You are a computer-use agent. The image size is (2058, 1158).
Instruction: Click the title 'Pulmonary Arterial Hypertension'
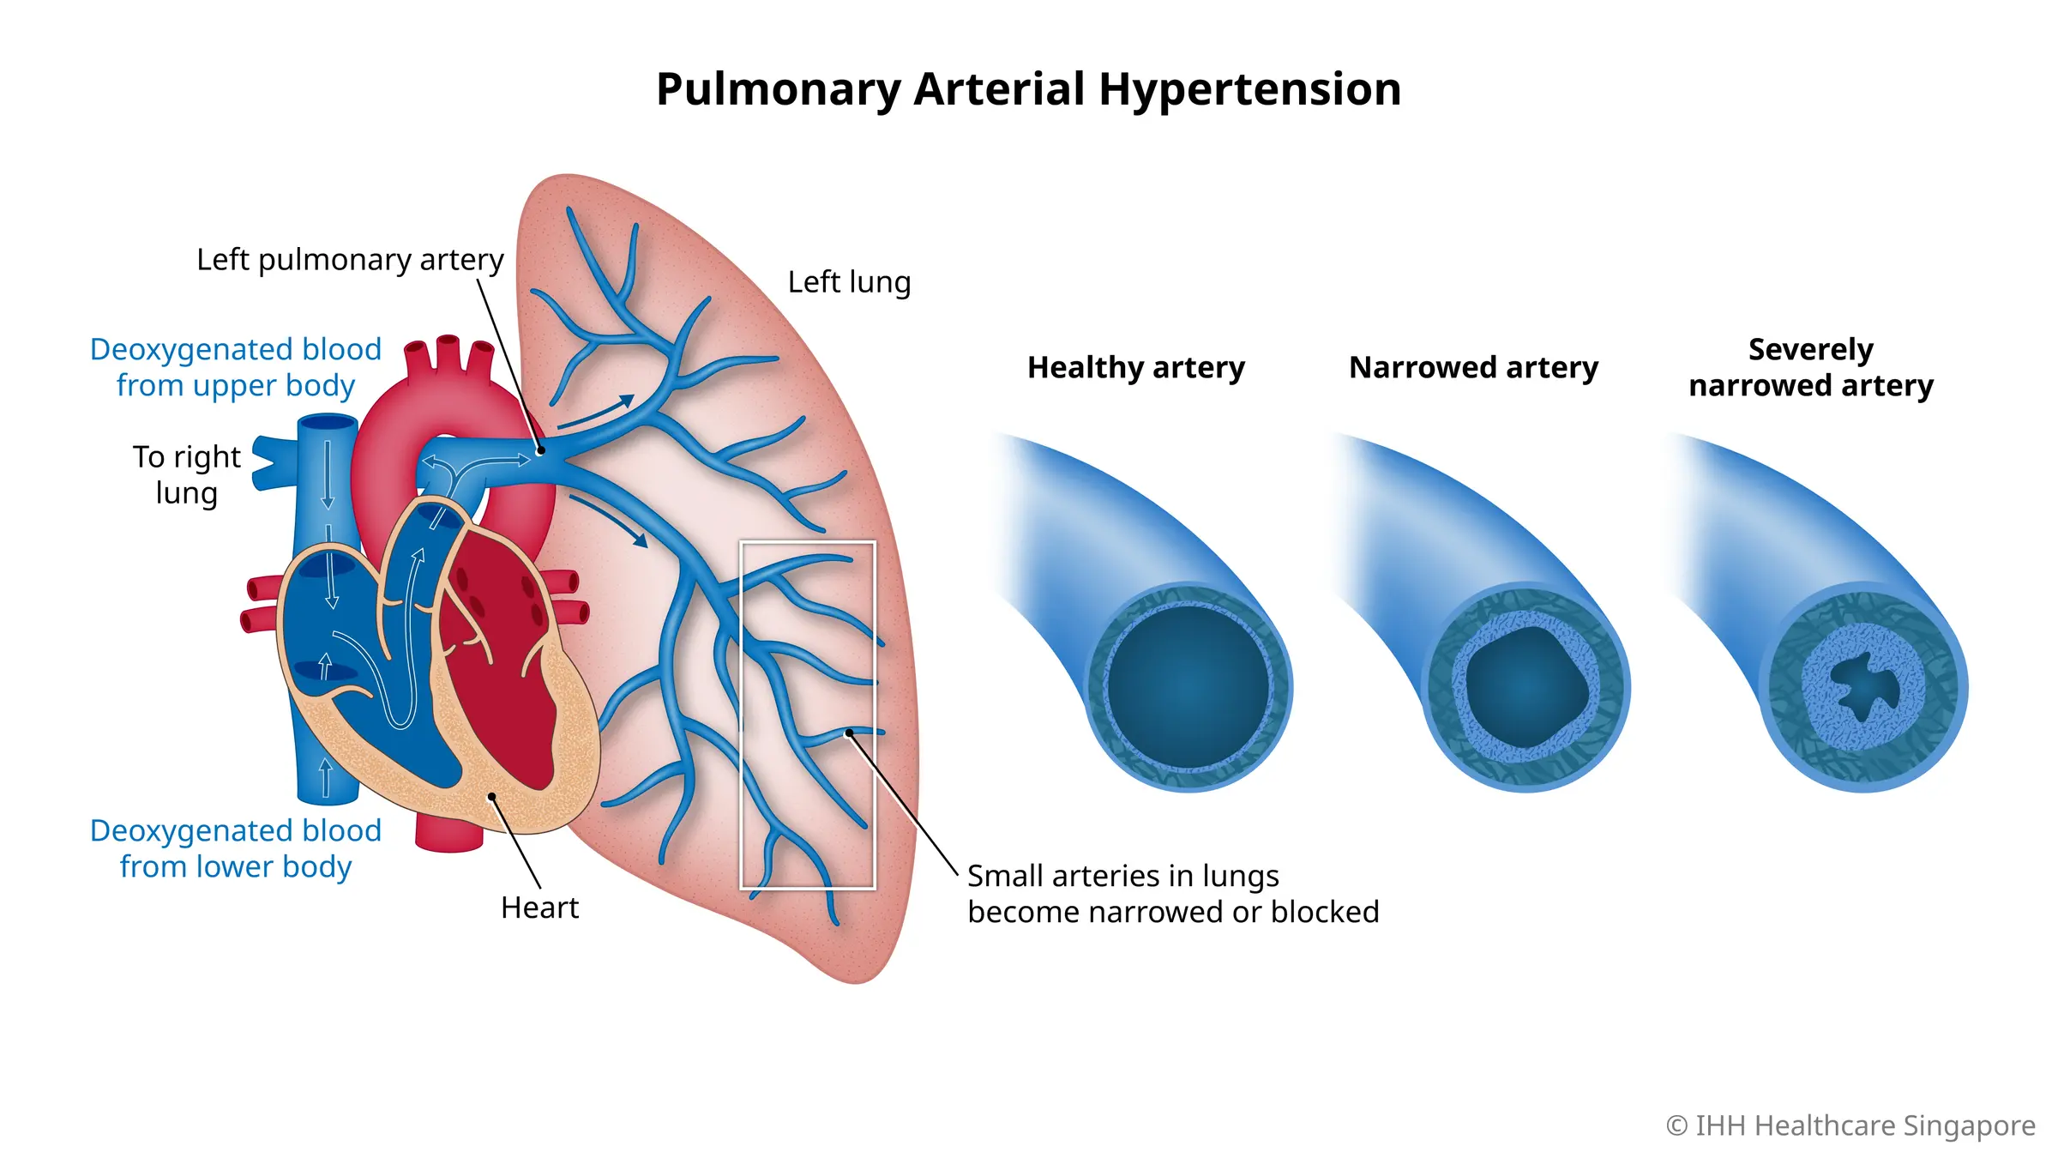point(1028,89)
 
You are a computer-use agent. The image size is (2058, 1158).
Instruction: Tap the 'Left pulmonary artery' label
point(350,259)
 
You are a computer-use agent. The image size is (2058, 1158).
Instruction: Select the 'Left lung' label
point(849,281)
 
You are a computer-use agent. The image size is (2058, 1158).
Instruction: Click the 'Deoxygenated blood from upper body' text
point(236,367)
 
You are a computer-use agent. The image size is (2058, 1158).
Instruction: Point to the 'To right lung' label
point(187,474)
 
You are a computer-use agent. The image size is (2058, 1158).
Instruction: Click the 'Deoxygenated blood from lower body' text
point(236,848)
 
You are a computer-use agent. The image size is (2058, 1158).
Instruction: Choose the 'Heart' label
point(539,908)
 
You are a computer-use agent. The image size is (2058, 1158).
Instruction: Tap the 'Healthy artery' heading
point(1136,367)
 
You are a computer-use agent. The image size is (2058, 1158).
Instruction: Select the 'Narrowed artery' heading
point(1474,367)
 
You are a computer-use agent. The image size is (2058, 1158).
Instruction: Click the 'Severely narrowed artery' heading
point(1811,367)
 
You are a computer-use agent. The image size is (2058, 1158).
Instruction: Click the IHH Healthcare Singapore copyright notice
point(1850,1125)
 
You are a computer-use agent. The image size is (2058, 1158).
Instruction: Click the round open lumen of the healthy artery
point(1188,686)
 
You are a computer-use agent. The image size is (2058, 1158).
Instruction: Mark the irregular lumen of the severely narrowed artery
point(1863,686)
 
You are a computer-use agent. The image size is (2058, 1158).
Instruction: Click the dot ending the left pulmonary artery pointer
point(541,450)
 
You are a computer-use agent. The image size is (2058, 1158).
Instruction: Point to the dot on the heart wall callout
point(492,797)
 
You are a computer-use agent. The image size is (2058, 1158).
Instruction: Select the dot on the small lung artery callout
point(849,733)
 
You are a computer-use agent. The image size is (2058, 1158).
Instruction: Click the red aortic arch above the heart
point(446,403)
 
